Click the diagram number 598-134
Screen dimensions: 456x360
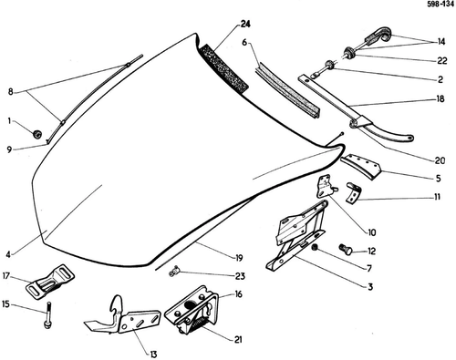(x=440, y=5)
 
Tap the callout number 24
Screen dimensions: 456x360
(x=245, y=24)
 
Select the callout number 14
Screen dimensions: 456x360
(x=441, y=42)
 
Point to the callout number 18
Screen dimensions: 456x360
(x=440, y=98)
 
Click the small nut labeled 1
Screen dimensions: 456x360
(x=36, y=134)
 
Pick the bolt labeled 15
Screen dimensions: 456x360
(x=48, y=315)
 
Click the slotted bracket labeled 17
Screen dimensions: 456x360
(x=50, y=283)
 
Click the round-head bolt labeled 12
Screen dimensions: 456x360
(x=346, y=249)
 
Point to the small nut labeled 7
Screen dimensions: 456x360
(x=315, y=247)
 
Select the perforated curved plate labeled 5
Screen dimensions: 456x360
(x=361, y=167)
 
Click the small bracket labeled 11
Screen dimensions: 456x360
(x=354, y=192)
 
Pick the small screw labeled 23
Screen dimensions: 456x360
(x=174, y=271)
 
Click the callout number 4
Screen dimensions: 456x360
(x=8, y=254)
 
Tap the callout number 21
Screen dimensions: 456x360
(x=238, y=339)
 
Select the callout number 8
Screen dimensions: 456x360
(x=10, y=91)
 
